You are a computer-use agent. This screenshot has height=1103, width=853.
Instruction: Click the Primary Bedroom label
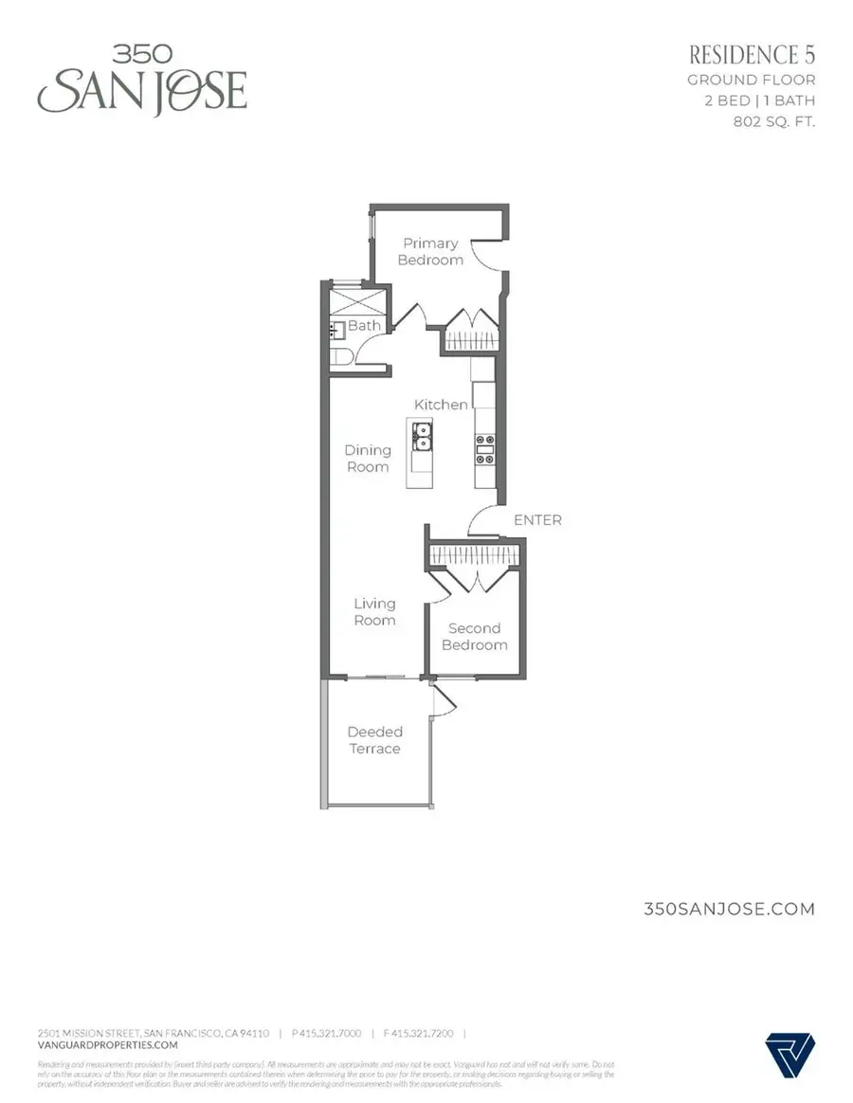pos(430,251)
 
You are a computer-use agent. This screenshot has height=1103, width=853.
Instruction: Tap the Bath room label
pos(364,325)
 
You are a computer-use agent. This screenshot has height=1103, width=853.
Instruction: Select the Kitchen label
pos(441,405)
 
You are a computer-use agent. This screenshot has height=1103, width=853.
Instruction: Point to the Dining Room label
pos(368,459)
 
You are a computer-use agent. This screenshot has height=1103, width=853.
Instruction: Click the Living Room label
pos(374,612)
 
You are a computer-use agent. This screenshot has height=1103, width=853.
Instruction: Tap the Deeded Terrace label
pos(374,740)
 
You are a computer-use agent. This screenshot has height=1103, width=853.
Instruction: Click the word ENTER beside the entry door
pos(537,520)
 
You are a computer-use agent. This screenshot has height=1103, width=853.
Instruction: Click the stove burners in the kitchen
pos(484,448)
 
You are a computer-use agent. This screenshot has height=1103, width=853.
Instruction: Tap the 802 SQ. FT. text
pos(774,122)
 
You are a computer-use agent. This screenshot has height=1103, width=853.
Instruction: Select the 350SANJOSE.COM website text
pos(729,909)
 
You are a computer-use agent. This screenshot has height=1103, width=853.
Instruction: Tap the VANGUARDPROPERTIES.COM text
pos(107,1045)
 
